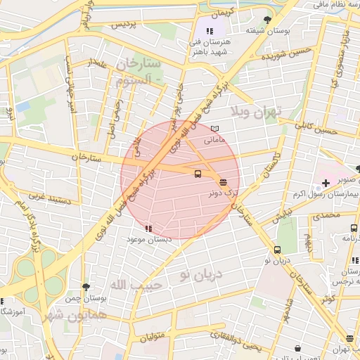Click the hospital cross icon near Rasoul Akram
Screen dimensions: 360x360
tap(325, 183)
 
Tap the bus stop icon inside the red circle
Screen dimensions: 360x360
tap(197, 174)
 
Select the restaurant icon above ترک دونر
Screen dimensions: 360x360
tap(224, 181)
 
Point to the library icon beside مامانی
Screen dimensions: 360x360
tap(215, 129)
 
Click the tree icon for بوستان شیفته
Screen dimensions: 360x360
tap(266, 20)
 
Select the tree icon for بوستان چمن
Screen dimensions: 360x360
tap(86, 287)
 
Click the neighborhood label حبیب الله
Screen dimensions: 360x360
tap(138, 284)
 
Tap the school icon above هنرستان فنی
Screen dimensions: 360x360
tap(210, 31)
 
